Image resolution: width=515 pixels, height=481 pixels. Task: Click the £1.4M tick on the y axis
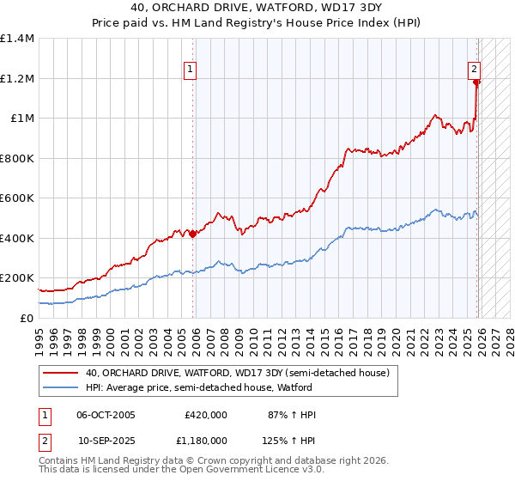coord(16,39)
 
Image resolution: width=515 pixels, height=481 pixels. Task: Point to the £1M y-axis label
coord(21,119)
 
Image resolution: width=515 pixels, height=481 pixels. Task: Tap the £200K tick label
coord(16,278)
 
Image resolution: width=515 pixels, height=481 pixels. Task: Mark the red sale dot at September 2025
coord(477,82)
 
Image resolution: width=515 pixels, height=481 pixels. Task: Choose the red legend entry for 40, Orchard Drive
coord(237,373)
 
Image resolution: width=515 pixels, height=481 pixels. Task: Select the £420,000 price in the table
coord(205,415)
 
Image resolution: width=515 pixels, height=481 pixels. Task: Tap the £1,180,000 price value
coord(200,440)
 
